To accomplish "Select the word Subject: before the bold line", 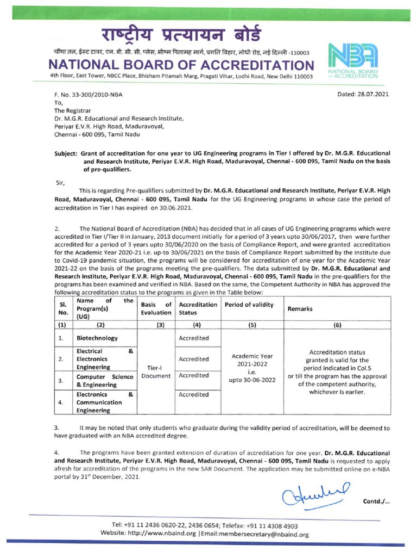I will (x=68, y=154).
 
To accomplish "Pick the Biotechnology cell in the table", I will (x=97, y=338).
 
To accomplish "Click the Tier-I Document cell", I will (x=155, y=372).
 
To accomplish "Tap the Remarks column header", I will (x=300, y=308).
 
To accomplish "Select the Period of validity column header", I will (x=249, y=305).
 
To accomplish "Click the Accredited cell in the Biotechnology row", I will (x=194, y=338).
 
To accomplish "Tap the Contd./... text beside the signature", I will (x=376, y=501).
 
